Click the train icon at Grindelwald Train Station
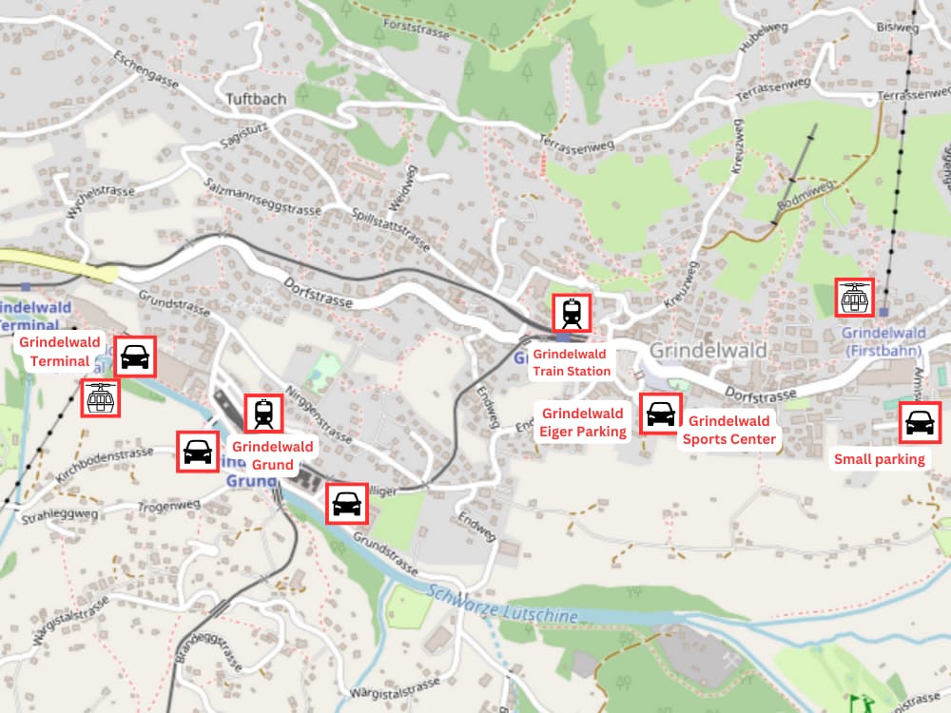(572, 313)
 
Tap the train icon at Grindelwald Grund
(263, 414)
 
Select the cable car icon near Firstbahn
(853, 298)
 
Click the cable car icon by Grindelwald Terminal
(100, 398)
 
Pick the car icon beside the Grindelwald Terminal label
(135, 356)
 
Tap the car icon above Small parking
(919, 422)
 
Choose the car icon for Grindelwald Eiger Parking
(660, 414)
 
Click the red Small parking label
(879, 459)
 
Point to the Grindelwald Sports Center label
(729, 430)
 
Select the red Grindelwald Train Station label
(572, 362)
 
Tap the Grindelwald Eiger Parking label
(583, 422)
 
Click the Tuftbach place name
(249, 98)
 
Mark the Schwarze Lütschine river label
(502, 605)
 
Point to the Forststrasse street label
(415, 27)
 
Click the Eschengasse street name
(146, 68)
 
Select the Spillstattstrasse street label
(392, 225)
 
